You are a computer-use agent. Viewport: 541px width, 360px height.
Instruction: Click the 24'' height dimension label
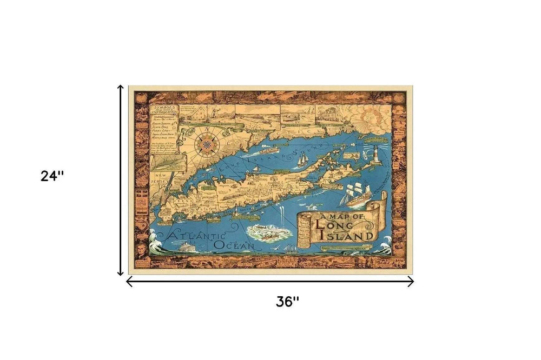pos(52,176)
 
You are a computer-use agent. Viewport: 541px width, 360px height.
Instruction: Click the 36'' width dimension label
pos(287,302)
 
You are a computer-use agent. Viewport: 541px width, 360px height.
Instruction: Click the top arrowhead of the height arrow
pos(121,86)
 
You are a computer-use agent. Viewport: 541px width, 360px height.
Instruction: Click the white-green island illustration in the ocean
pos(266,233)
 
